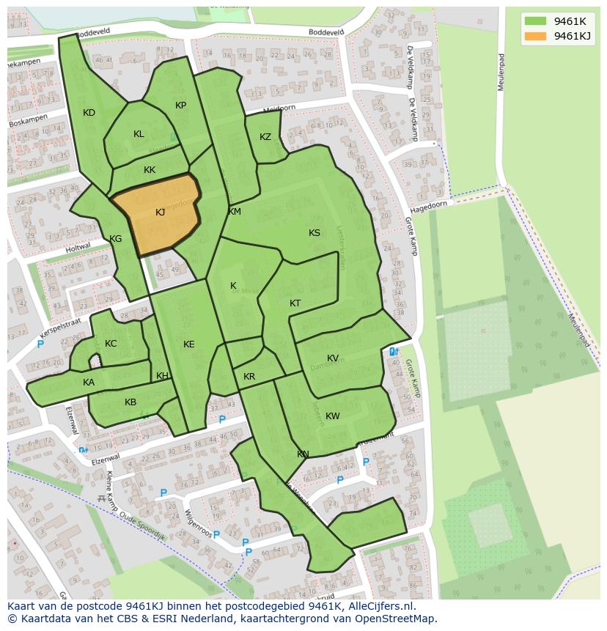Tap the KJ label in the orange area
click(160, 213)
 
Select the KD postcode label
click(89, 113)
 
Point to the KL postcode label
click(139, 134)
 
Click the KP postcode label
click(180, 106)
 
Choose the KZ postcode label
click(265, 137)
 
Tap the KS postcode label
click(314, 233)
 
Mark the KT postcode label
click(295, 303)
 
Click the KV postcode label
click(333, 358)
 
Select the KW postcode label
click(333, 416)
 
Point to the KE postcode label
click(189, 344)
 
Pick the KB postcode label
click(130, 402)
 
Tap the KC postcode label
click(111, 344)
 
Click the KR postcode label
click(249, 377)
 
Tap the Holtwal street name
click(78, 247)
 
